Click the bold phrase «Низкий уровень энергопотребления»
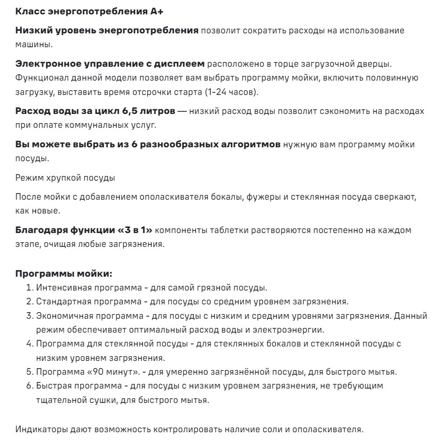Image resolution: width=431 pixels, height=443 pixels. (x=107, y=31)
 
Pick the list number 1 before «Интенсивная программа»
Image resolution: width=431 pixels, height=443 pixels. (x=30, y=287)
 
